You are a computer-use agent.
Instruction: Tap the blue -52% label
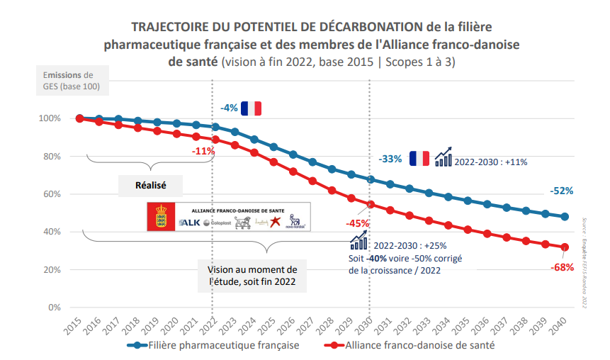(x=561, y=191)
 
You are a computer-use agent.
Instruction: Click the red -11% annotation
(x=203, y=151)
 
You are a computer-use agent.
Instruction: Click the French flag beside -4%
(x=252, y=108)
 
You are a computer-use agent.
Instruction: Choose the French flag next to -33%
(x=419, y=159)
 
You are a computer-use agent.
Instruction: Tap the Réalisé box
(x=150, y=185)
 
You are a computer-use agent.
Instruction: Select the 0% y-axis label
(x=55, y=308)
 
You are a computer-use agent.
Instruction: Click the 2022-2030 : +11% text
(x=490, y=162)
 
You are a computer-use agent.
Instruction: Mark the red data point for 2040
(x=565, y=247)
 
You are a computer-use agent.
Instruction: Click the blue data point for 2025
(x=273, y=147)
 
